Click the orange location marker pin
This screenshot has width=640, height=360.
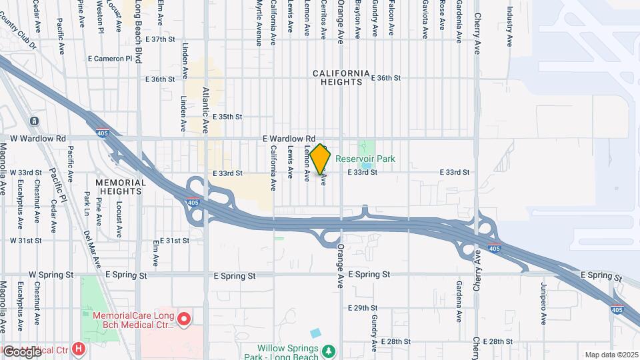pos(321,159)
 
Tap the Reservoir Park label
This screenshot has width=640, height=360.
pos(365,159)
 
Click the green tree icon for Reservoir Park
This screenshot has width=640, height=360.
pos(364,146)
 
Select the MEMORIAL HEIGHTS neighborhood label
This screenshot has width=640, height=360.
pos(121,187)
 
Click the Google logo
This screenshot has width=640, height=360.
pos(22,351)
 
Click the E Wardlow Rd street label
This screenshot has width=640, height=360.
pos(289,138)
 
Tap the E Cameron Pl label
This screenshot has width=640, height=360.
pos(110,59)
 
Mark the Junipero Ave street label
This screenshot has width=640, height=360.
pos(544,303)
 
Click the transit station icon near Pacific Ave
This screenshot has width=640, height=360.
pos(34,121)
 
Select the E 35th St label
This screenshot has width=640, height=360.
pos(228,117)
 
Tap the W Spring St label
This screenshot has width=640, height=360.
pos(51,275)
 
